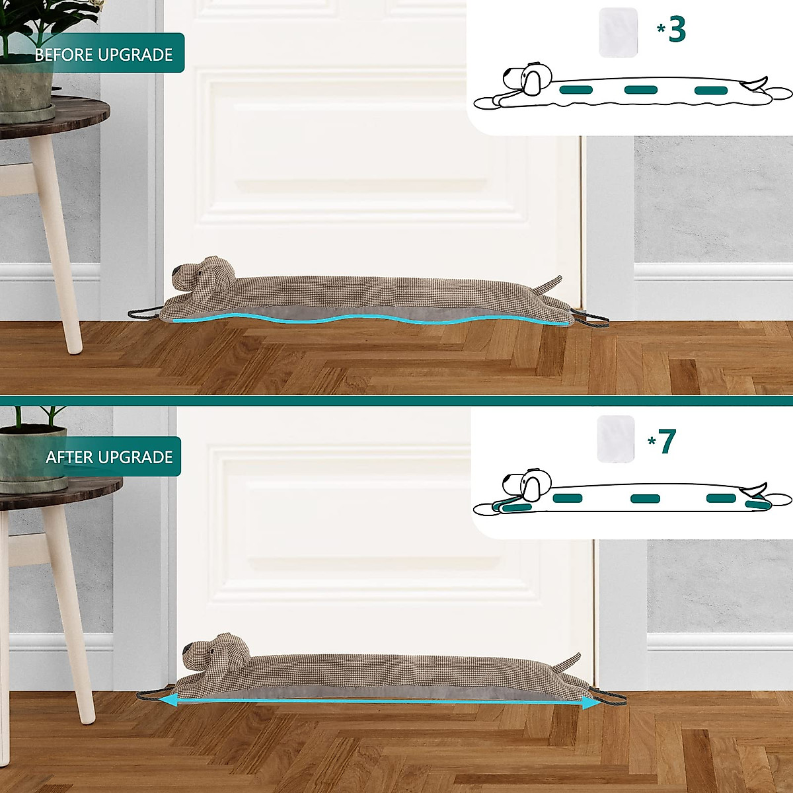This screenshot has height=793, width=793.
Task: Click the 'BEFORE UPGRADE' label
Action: [x=104, y=54]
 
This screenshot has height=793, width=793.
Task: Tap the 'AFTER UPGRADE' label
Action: [x=109, y=457]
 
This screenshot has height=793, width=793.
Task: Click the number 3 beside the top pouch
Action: [x=677, y=29]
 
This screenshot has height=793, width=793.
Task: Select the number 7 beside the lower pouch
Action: [x=667, y=441]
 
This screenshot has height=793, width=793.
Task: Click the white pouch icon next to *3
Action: [x=619, y=32]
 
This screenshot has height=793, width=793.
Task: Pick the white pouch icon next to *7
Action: [x=615, y=439]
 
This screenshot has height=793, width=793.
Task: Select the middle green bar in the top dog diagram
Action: [x=640, y=89]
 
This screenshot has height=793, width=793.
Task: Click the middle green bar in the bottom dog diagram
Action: [x=645, y=498]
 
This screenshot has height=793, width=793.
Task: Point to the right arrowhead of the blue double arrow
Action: [x=591, y=704]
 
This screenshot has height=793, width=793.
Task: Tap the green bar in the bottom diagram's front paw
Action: [x=517, y=508]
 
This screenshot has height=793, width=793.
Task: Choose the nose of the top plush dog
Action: [x=176, y=272]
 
